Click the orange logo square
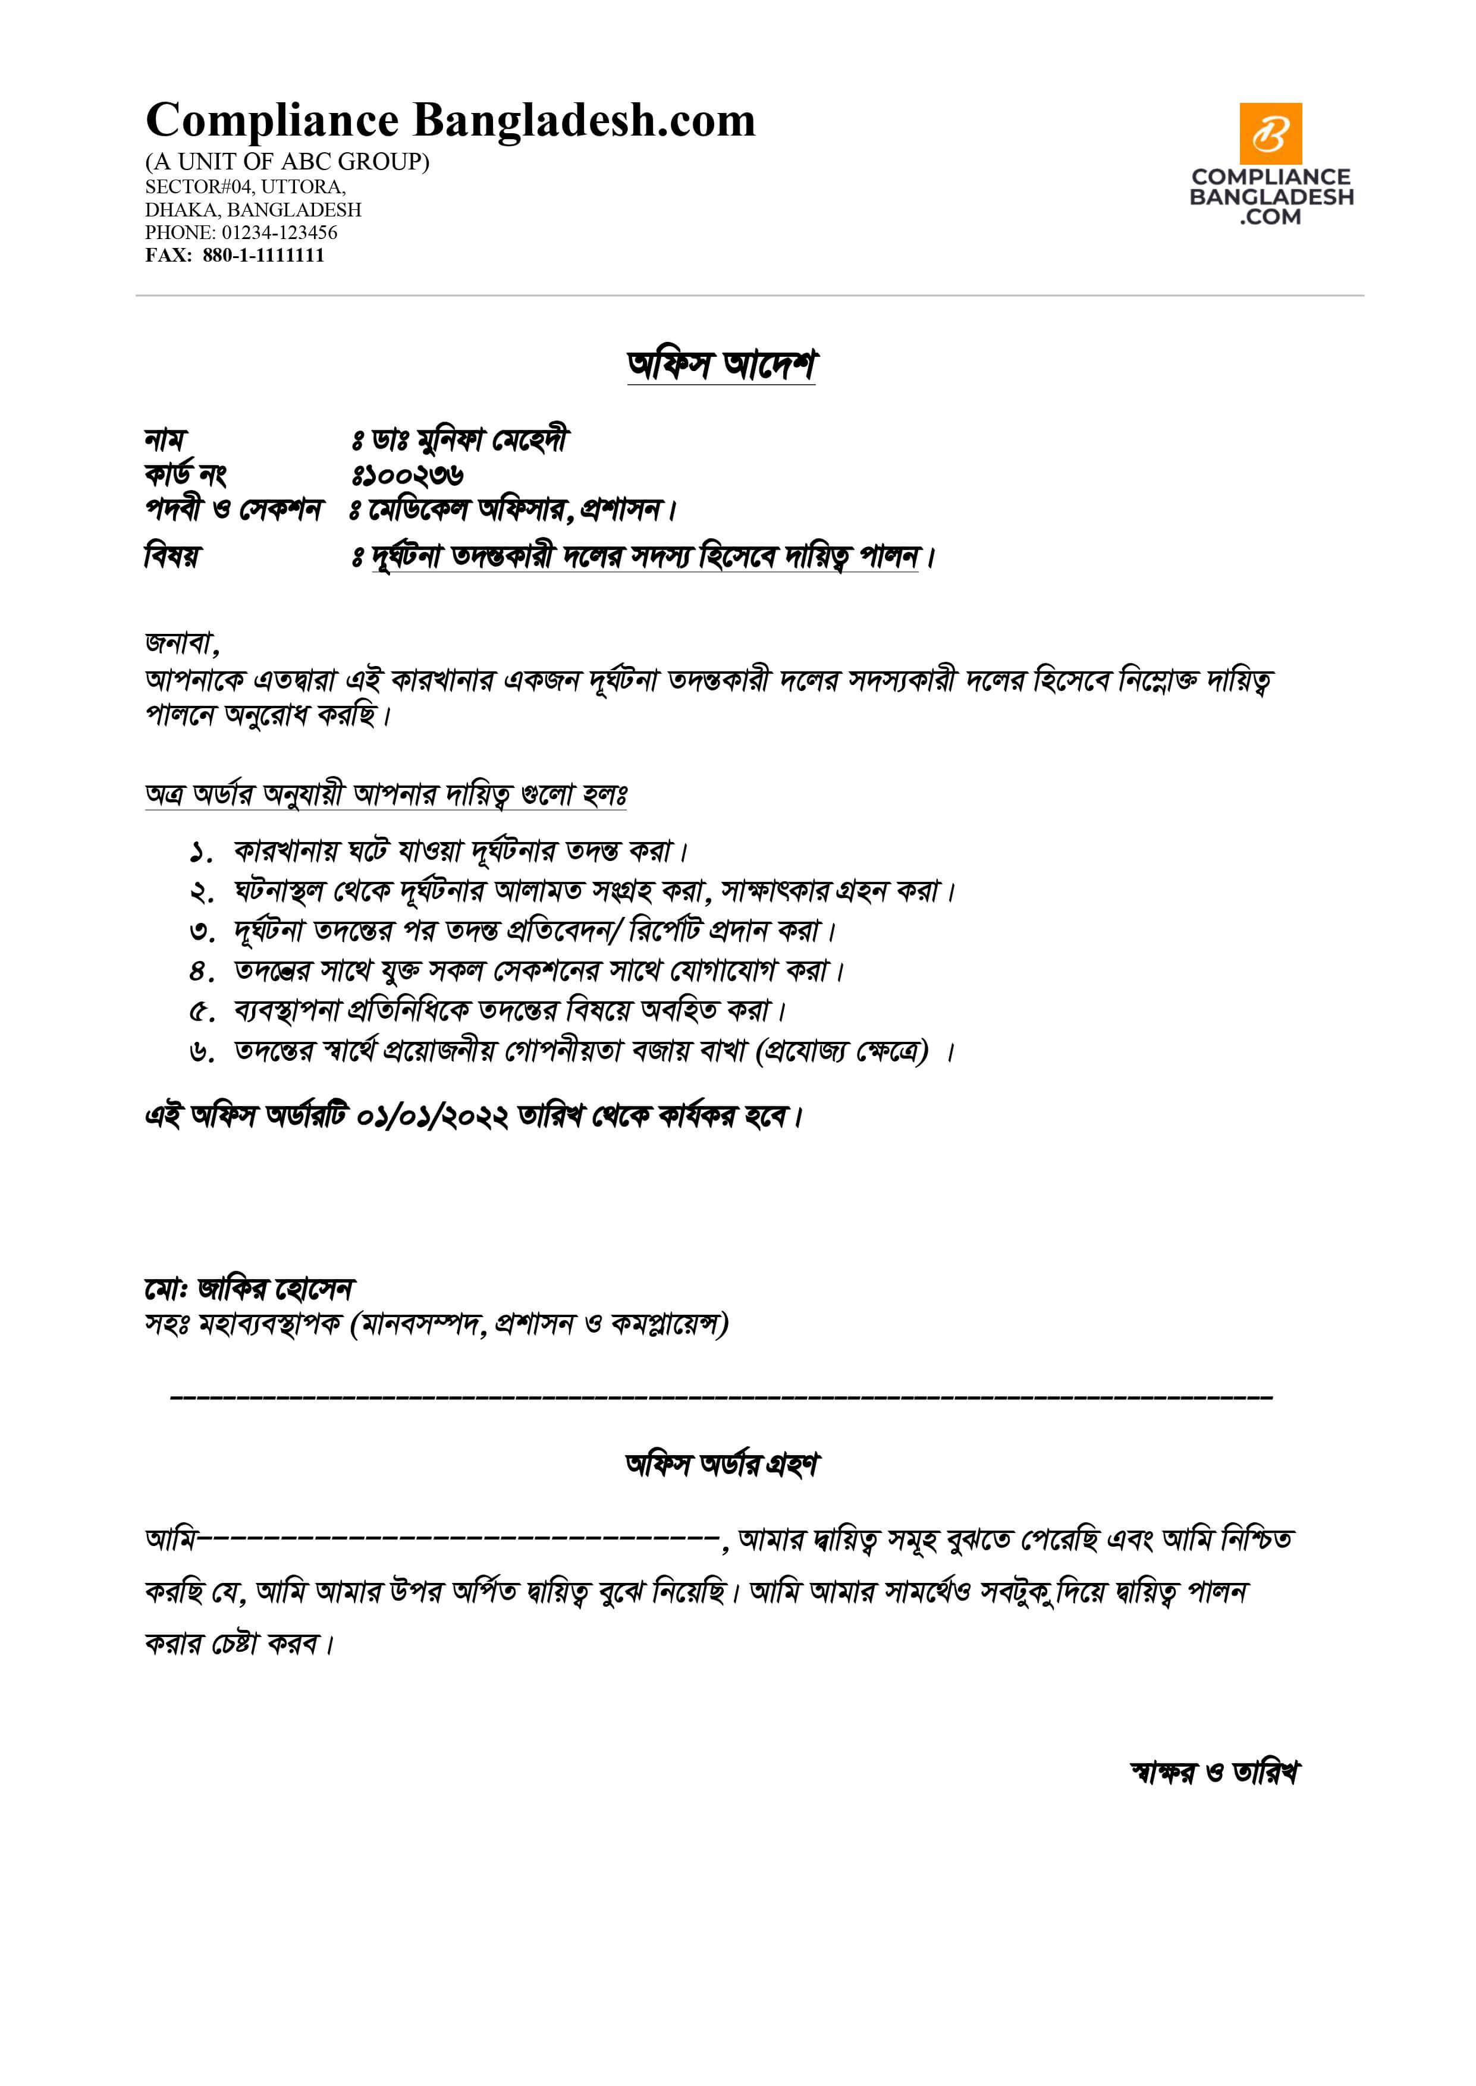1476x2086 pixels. tap(1271, 134)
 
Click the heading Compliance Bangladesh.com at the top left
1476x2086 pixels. tap(450, 121)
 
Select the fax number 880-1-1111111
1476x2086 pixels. tap(263, 255)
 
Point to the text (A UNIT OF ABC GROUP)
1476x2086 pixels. tap(287, 162)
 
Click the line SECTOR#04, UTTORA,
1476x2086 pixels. tap(246, 187)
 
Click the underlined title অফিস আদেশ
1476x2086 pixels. tap(721, 365)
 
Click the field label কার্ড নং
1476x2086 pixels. tap(186, 475)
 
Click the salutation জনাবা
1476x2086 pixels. tap(181, 643)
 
